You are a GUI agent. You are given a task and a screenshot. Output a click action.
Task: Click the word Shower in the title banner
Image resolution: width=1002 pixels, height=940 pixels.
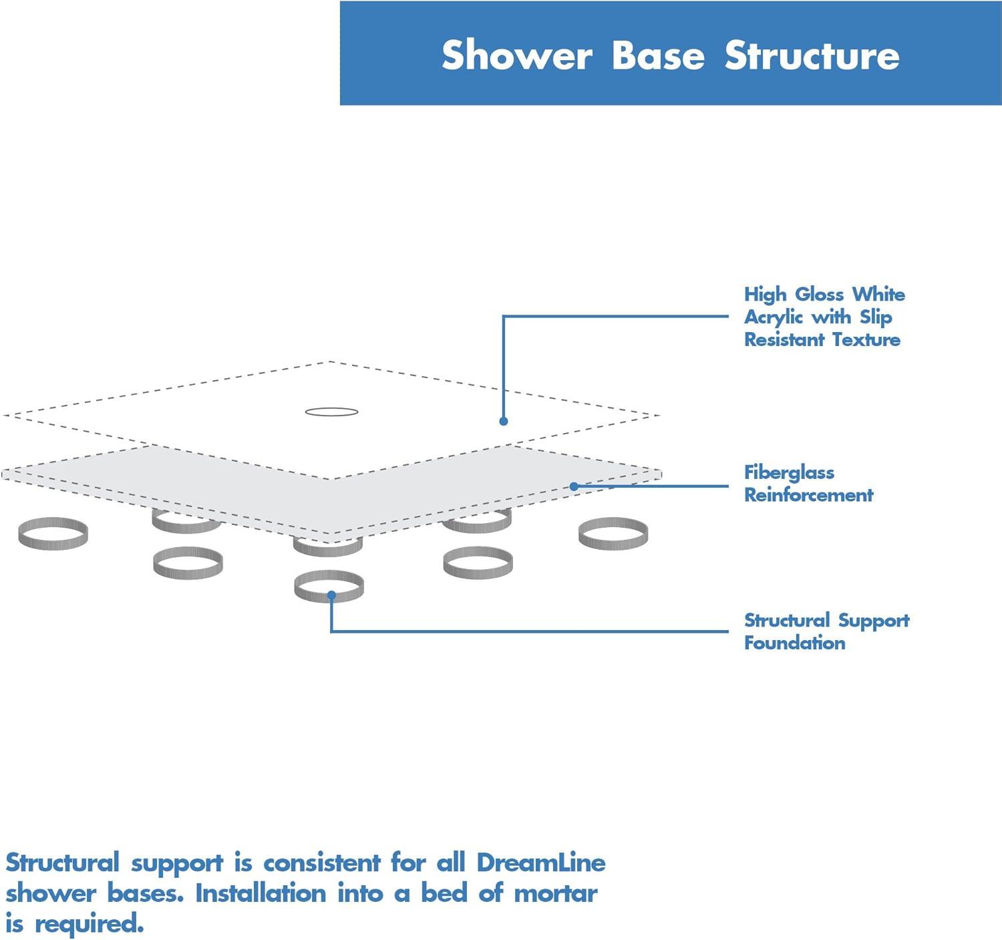[x=516, y=55]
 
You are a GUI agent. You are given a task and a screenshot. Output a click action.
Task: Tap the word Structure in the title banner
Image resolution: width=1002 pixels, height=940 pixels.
[x=812, y=55]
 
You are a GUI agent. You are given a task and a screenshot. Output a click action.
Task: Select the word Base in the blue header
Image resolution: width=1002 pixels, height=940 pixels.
[x=658, y=55]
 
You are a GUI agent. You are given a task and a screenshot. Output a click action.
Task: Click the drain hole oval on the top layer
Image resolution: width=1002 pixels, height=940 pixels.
[x=332, y=412]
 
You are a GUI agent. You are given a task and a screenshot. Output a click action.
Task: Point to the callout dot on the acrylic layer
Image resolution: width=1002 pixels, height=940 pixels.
[x=504, y=421]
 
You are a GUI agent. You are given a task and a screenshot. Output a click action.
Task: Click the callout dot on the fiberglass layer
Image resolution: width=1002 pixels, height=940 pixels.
[x=574, y=486]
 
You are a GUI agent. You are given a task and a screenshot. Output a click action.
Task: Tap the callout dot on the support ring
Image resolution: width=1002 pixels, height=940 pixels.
[x=331, y=595]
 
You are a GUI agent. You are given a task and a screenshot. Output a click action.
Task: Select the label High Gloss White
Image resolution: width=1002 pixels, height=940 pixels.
[x=824, y=294]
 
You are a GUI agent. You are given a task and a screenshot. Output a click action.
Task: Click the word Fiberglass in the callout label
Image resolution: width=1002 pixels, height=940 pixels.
[x=789, y=472]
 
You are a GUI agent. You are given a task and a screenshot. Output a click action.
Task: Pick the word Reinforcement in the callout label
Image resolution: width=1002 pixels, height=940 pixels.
[x=808, y=495]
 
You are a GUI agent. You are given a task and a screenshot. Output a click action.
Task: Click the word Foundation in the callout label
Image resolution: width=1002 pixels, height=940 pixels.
[x=794, y=643]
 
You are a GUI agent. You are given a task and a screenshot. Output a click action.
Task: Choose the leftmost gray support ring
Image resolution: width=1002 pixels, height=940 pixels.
[x=53, y=533]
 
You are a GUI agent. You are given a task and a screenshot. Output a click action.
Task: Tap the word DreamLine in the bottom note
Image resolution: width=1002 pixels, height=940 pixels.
[x=541, y=863]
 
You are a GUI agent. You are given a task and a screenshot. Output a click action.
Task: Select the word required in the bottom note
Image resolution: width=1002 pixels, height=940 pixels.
[x=89, y=925]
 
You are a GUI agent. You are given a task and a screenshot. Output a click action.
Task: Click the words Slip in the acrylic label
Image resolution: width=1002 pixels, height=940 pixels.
[x=876, y=317]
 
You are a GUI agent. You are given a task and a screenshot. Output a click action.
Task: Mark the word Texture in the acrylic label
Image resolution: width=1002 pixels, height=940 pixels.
[x=866, y=339]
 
